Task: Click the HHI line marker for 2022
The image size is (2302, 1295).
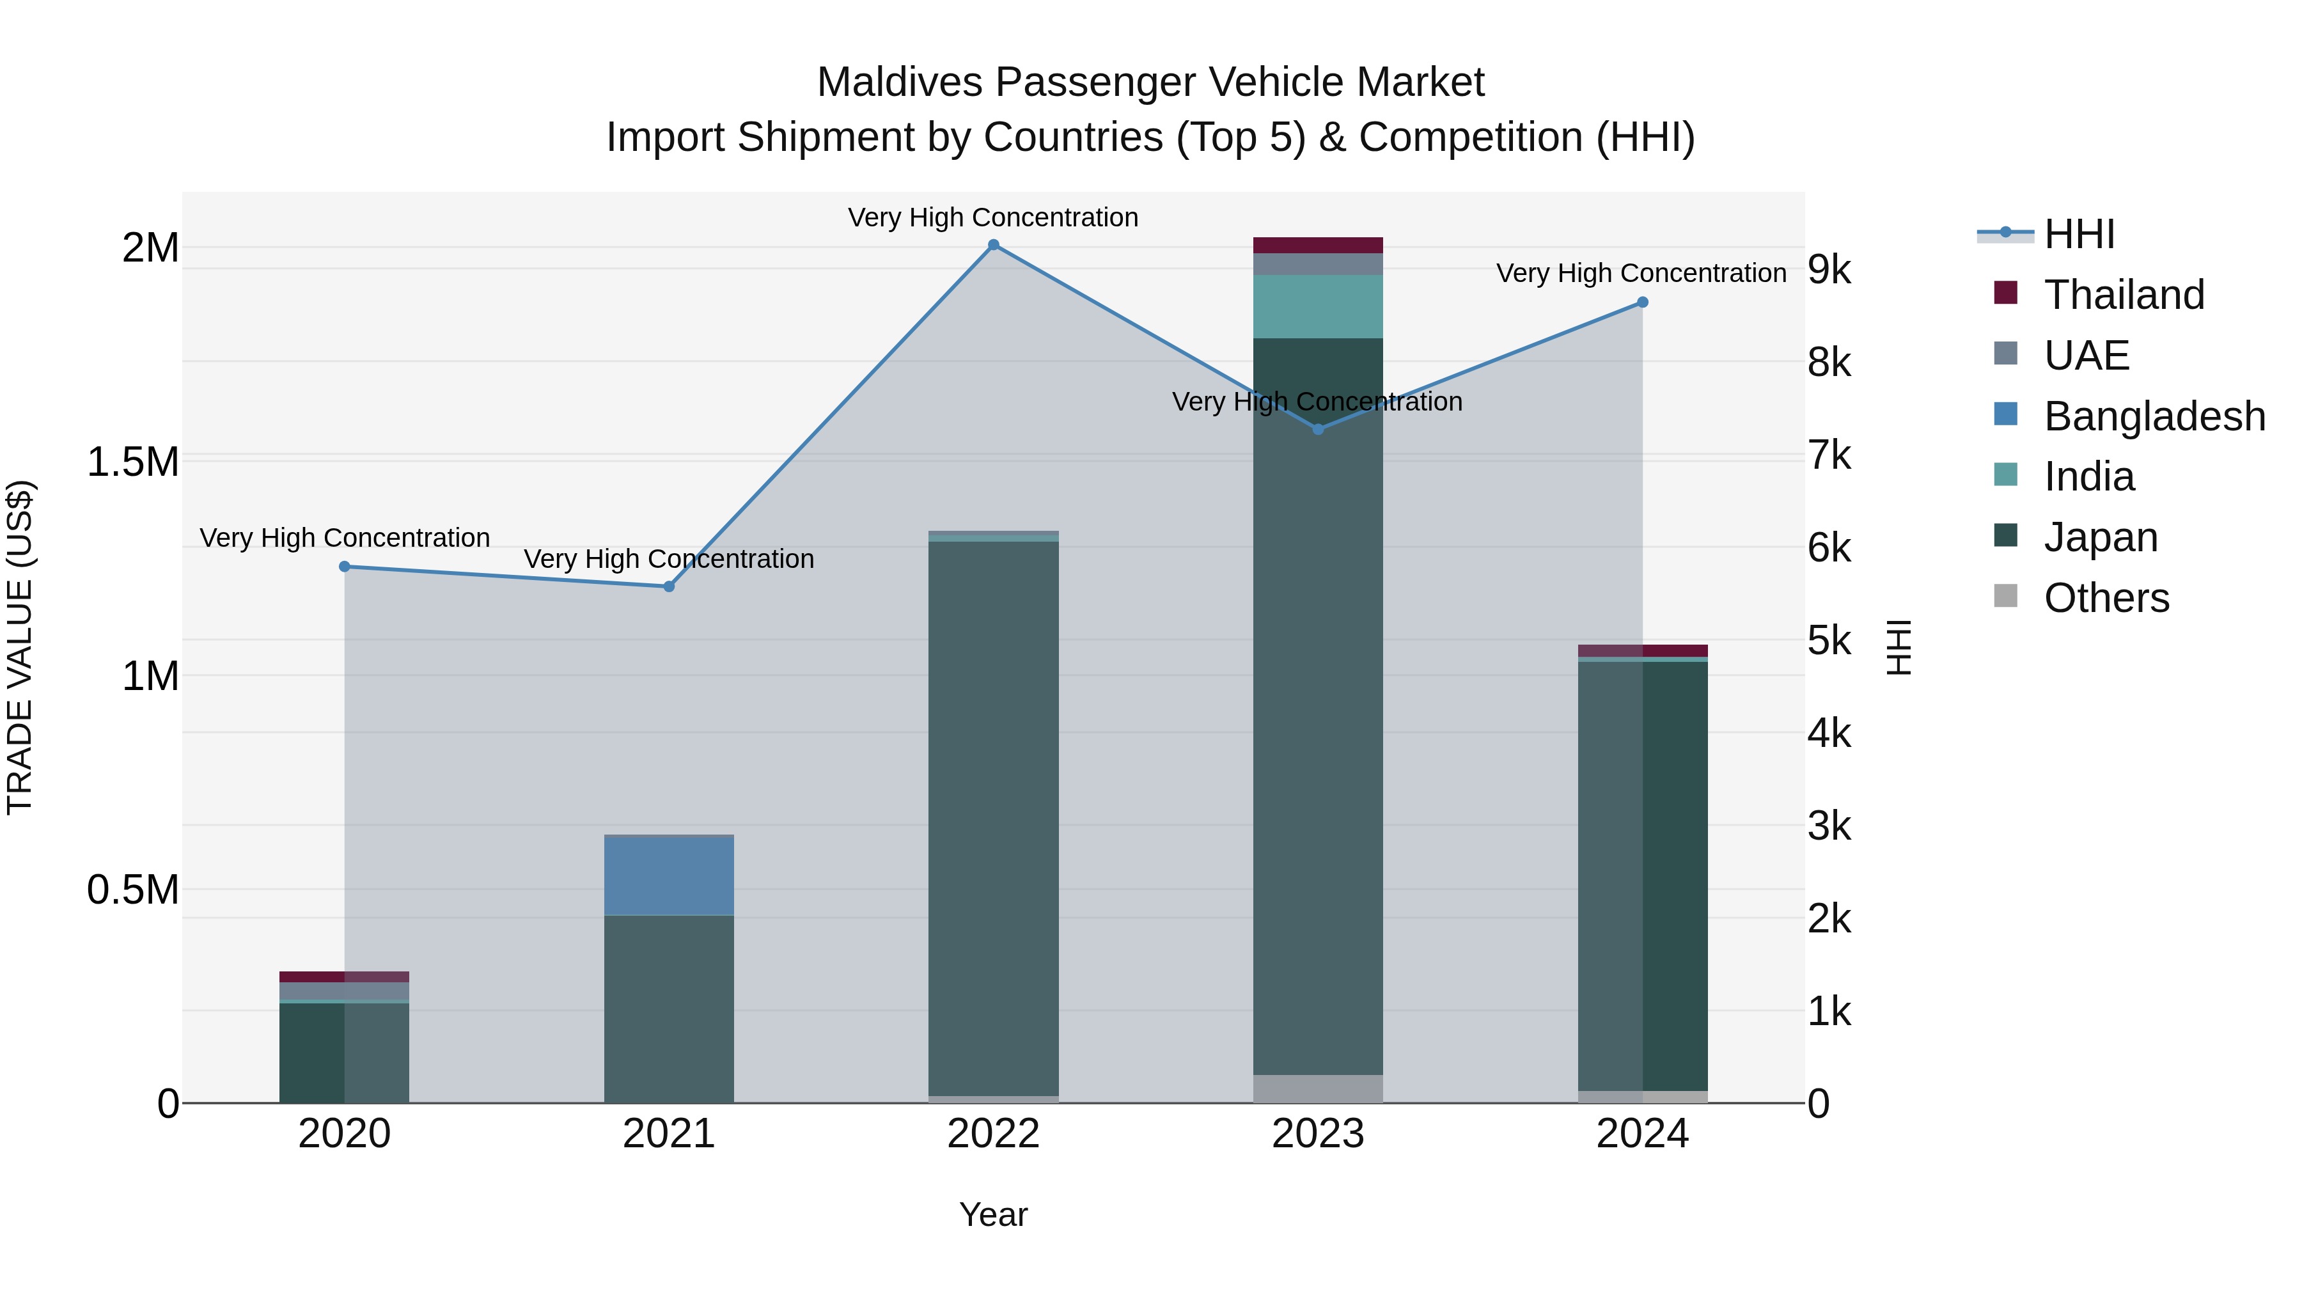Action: tap(993, 245)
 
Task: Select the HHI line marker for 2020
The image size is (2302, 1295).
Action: tap(344, 567)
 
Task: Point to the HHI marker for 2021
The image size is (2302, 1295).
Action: tap(668, 586)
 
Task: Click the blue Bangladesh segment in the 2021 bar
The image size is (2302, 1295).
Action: tap(668, 876)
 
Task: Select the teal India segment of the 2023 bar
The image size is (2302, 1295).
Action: tap(1317, 306)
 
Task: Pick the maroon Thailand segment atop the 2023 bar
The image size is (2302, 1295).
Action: tap(1317, 246)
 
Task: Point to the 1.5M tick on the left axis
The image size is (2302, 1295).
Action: tap(132, 463)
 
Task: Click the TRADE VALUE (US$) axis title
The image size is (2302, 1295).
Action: tap(20, 647)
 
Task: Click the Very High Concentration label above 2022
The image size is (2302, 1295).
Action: tap(993, 218)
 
